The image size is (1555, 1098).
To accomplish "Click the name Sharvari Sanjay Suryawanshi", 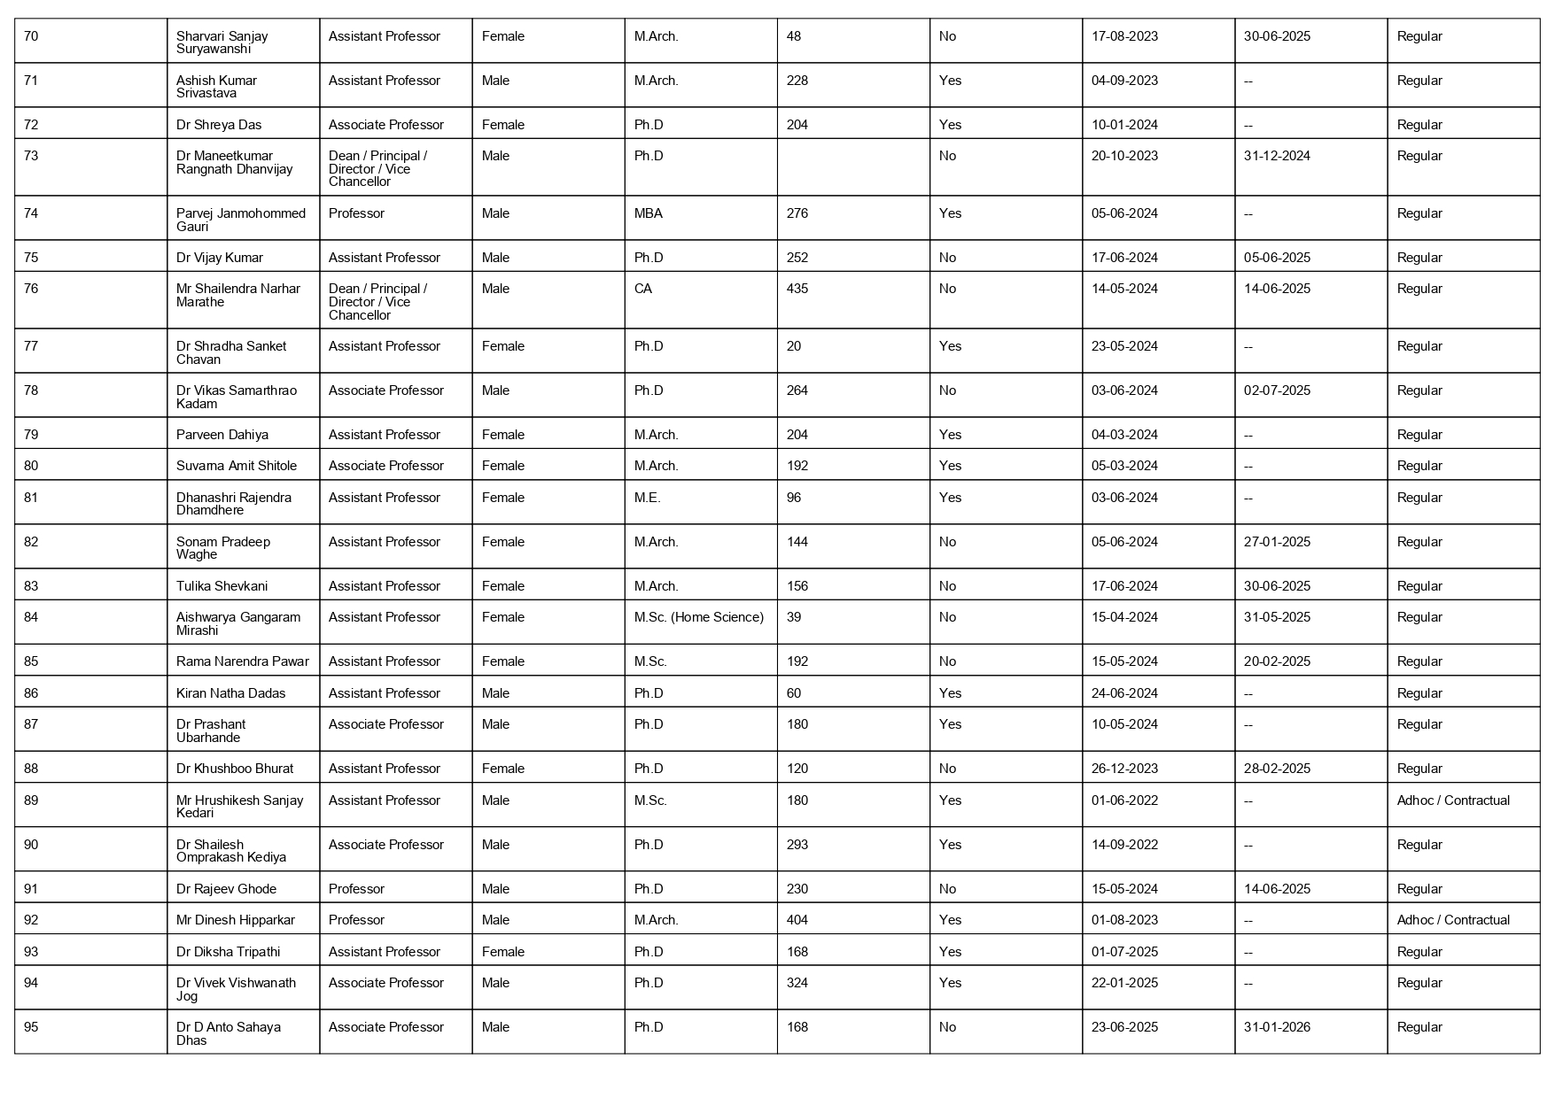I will coord(222,43).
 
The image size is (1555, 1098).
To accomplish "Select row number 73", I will coord(31,156).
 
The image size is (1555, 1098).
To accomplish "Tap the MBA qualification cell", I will coord(649,213).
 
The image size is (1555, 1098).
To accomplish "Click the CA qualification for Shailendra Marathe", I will coord(643,289).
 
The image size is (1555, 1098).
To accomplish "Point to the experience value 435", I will coord(797,289).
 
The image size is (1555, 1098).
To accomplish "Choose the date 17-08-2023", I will coord(1124,36).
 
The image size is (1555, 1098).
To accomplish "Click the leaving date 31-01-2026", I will coord(1277,1027).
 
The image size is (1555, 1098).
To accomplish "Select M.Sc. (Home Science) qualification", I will coord(699,617).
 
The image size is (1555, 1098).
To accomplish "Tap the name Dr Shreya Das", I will coord(219,125).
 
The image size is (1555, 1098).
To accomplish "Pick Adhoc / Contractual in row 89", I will coord(1453,800).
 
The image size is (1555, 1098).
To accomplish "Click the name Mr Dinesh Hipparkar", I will coord(236,920).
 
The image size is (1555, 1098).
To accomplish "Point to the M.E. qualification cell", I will coord(648,498).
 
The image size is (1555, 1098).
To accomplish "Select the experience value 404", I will coord(797,920).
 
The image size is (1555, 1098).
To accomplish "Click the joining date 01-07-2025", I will coord(1124,952).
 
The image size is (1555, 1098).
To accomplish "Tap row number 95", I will coord(31,1027).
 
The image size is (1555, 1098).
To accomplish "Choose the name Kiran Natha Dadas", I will coord(231,693).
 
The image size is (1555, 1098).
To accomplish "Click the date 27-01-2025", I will coord(1277,542).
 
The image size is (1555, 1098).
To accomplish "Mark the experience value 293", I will coord(797,845).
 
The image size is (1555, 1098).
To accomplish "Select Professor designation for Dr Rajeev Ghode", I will coord(356,889).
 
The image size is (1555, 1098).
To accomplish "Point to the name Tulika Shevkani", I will coord(222,586).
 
